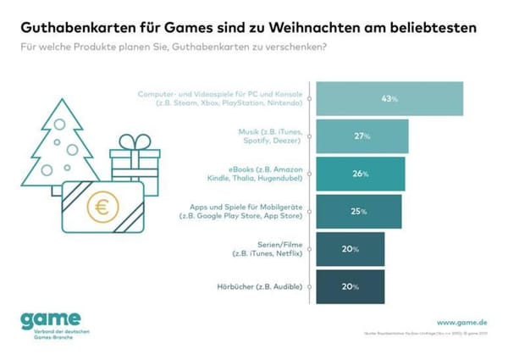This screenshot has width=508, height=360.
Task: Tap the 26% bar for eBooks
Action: tap(361, 174)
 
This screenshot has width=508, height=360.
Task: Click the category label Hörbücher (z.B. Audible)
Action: tap(257, 286)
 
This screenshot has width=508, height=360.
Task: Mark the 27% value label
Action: tap(362, 136)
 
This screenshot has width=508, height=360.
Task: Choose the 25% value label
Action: tap(359, 211)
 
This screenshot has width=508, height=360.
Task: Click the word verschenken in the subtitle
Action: tap(289, 47)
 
